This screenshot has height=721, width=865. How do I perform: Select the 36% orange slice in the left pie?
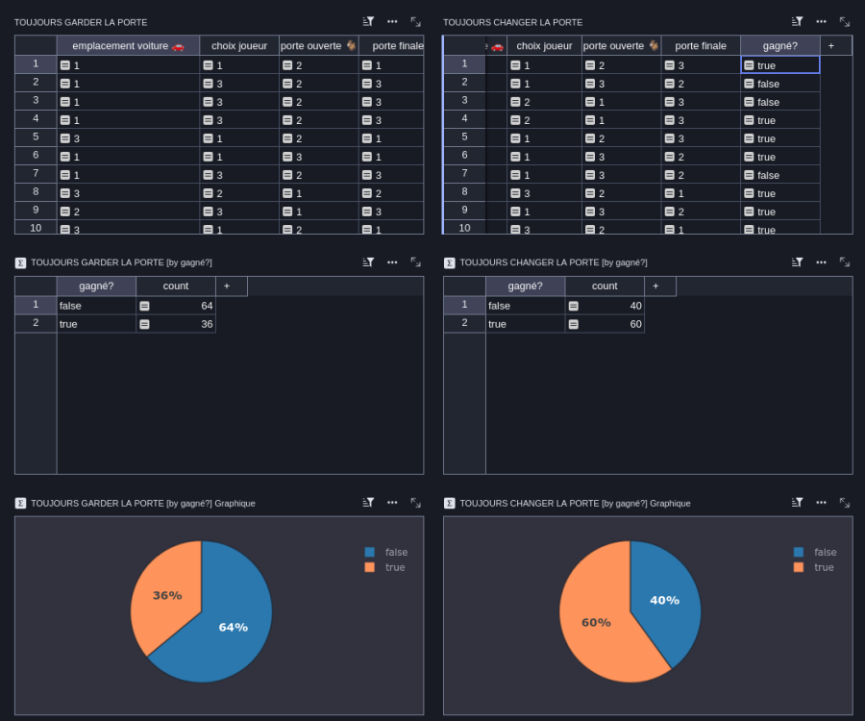pos(165,593)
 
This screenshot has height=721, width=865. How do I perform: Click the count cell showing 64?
pos(176,306)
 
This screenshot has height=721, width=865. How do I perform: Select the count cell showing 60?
pos(605,324)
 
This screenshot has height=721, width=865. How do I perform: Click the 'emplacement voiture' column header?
pos(128,46)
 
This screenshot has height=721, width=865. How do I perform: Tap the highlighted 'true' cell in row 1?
pos(780,65)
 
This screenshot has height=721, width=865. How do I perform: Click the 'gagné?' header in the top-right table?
pos(780,46)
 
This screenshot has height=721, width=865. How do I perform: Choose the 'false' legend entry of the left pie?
pos(386,552)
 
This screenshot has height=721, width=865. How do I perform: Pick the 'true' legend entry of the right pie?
pos(814,567)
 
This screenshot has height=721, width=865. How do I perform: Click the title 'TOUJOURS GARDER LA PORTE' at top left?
pos(81,23)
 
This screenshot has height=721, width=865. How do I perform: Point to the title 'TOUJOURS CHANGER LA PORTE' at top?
pos(512,23)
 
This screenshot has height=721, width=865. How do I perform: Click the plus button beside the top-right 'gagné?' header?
pos(830,46)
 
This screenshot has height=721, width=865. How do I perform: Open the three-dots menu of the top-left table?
pos(392,21)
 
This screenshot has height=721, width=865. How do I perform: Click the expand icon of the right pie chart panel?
pos(845,503)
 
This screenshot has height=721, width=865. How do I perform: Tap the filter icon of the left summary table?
pos(368,262)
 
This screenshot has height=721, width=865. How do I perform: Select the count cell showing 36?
pos(176,324)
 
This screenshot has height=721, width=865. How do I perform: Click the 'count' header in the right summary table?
pos(605,286)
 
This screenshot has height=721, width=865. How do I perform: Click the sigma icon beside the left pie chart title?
pos(20,503)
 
